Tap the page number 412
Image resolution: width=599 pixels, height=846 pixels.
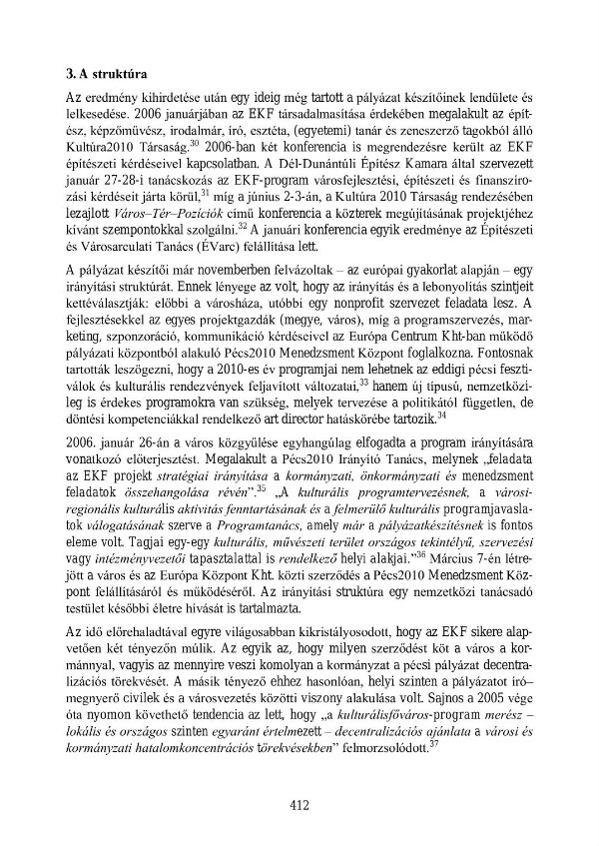(x=299, y=805)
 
